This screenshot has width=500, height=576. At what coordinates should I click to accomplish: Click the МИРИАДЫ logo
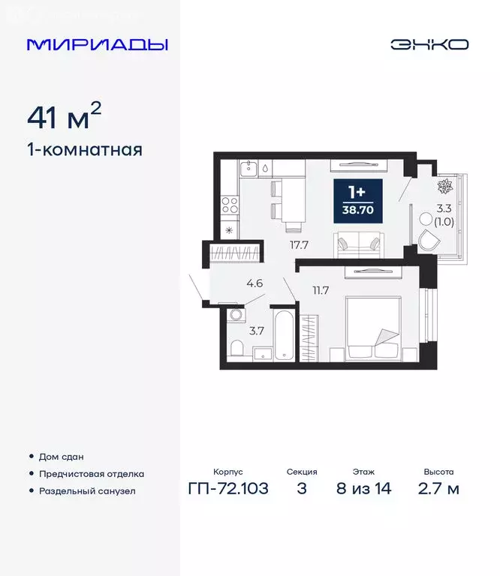coord(98,44)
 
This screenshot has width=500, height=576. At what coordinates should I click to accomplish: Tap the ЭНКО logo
coord(429,44)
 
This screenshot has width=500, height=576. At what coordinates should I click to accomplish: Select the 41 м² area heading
coord(64,117)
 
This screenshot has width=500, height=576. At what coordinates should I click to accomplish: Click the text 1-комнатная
coord(84,150)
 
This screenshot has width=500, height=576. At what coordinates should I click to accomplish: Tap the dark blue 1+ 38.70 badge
coord(358,201)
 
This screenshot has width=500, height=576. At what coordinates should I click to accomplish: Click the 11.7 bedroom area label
coord(320,289)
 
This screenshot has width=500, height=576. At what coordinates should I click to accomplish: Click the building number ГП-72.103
coord(227,490)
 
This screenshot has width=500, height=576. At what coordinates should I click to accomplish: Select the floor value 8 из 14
coord(364,490)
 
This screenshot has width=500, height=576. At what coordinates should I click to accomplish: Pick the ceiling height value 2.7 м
coord(438,490)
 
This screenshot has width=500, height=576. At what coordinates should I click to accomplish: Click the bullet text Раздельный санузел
coord(87,491)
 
